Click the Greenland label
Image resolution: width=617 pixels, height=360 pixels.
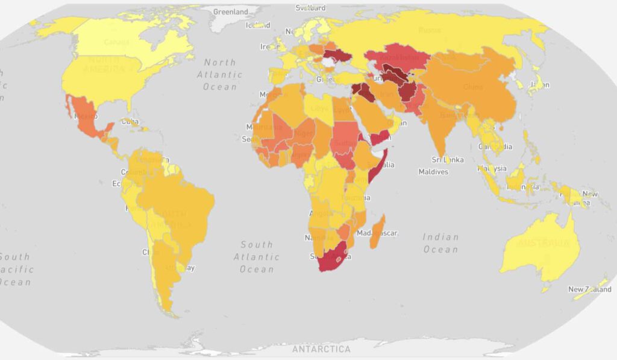click(x=231, y=11)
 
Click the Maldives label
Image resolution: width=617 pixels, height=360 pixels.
click(x=433, y=172)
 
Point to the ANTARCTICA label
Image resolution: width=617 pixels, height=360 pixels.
click(x=321, y=349)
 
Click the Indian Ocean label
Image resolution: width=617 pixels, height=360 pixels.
click(x=440, y=243)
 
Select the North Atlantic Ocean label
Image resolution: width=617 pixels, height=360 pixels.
click(x=220, y=74)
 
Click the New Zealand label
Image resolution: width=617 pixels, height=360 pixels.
click(x=589, y=289)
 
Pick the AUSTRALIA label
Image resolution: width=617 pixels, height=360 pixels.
click(x=543, y=243)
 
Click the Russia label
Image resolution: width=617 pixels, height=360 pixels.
click(x=430, y=30)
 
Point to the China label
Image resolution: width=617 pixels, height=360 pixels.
click(x=473, y=87)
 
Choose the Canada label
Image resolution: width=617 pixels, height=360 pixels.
click(x=116, y=42)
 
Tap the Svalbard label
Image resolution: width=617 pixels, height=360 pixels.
click(x=310, y=8)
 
